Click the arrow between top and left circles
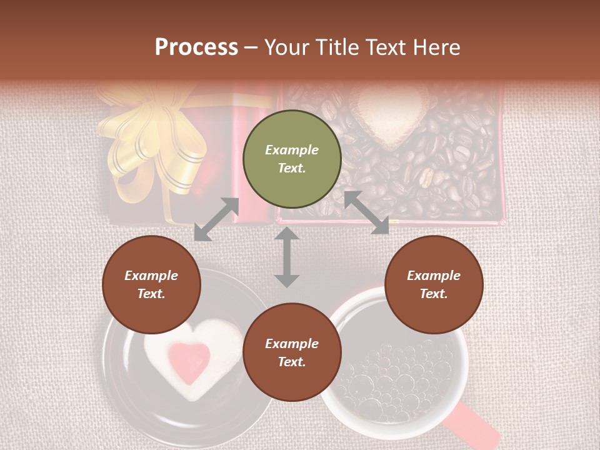tap(216, 219)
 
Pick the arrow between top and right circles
tap(366, 212)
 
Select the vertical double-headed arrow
tap(287, 257)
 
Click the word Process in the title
tap(196, 47)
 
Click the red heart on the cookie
tap(189, 361)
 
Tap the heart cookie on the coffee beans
tap(389, 116)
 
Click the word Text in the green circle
tap(292, 168)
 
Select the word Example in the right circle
tap(434, 276)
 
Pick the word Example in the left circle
tap(151, 276)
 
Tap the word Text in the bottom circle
tap(292, 362)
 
